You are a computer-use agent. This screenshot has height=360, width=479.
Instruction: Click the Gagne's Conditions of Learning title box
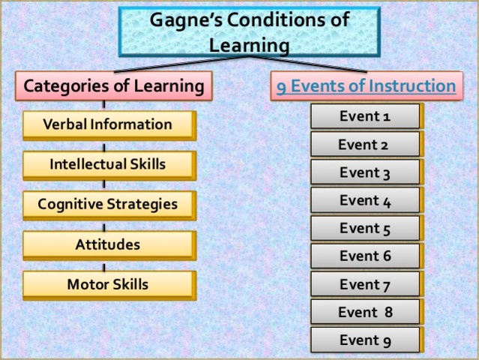[x=249, y=32]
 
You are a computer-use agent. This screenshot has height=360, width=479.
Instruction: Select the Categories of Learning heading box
[x=114, y=86]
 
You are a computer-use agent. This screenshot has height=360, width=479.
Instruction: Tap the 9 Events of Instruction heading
[x=366, y=87]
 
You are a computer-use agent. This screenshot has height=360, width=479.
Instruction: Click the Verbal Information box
[x=108, y=124]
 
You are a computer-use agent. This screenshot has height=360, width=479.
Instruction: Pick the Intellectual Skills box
[x=108, y=164]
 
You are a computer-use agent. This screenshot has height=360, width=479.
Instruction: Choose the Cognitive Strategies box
[x=108, y=204]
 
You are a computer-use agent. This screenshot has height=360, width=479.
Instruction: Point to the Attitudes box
[x=108, y=244]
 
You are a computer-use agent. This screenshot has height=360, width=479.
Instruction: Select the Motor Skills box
[x=108, y=284]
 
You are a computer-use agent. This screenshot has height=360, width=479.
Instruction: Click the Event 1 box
[x=365, y=116]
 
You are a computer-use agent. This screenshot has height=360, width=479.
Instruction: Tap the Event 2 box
[x=365, y=144]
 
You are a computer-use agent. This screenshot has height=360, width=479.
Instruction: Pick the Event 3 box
[x=365, y=172]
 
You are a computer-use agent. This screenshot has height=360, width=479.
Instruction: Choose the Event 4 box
[x=365, y=200]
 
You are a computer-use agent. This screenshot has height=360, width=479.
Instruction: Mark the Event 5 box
[x=365, y=228]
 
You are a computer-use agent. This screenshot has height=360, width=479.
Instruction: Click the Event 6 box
[x=365, y=256]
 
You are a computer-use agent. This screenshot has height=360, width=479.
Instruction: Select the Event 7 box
[x=365, y=284]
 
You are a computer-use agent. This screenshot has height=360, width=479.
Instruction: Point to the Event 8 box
[x=365, y=312]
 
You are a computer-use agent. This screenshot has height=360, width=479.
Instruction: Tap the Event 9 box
[x=365, y=340]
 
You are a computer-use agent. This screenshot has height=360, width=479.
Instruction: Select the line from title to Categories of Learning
[x=180, y=64]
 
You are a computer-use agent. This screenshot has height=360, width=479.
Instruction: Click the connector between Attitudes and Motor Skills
[x=103, y=265]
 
